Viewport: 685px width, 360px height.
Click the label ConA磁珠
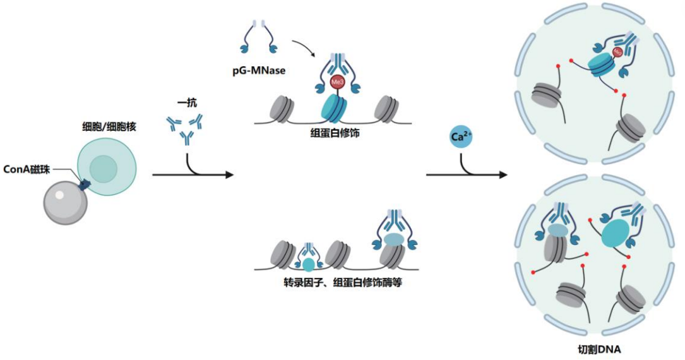click(27, 169)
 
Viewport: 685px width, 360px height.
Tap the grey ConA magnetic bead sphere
click(66, 202)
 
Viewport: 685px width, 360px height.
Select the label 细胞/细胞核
click(109, 127)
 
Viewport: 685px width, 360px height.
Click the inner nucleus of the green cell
click(104, 169)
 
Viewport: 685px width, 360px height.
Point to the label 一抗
click(186, 103)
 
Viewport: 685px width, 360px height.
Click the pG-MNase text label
click(259, 70)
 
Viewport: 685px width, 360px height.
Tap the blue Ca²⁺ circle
click(461, 137)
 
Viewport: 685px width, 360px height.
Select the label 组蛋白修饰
click(335, 133)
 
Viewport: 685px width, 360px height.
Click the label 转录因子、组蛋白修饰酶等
click(342, 283)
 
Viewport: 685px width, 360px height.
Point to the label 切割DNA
click(599, 349)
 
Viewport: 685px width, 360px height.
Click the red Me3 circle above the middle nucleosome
click(338, 82)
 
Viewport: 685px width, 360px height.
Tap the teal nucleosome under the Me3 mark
click(334, 109)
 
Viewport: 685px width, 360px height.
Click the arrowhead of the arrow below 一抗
click(229, 175)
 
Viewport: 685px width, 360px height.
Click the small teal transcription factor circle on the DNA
click(309, 265)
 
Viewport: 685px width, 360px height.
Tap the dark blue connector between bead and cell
click(83, 185)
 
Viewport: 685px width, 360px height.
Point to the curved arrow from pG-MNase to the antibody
click(304, 47)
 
